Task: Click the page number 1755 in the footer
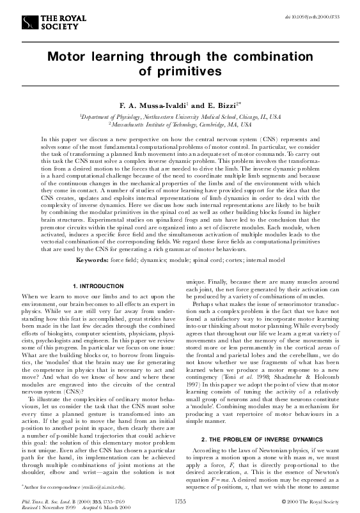pos(180,502)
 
